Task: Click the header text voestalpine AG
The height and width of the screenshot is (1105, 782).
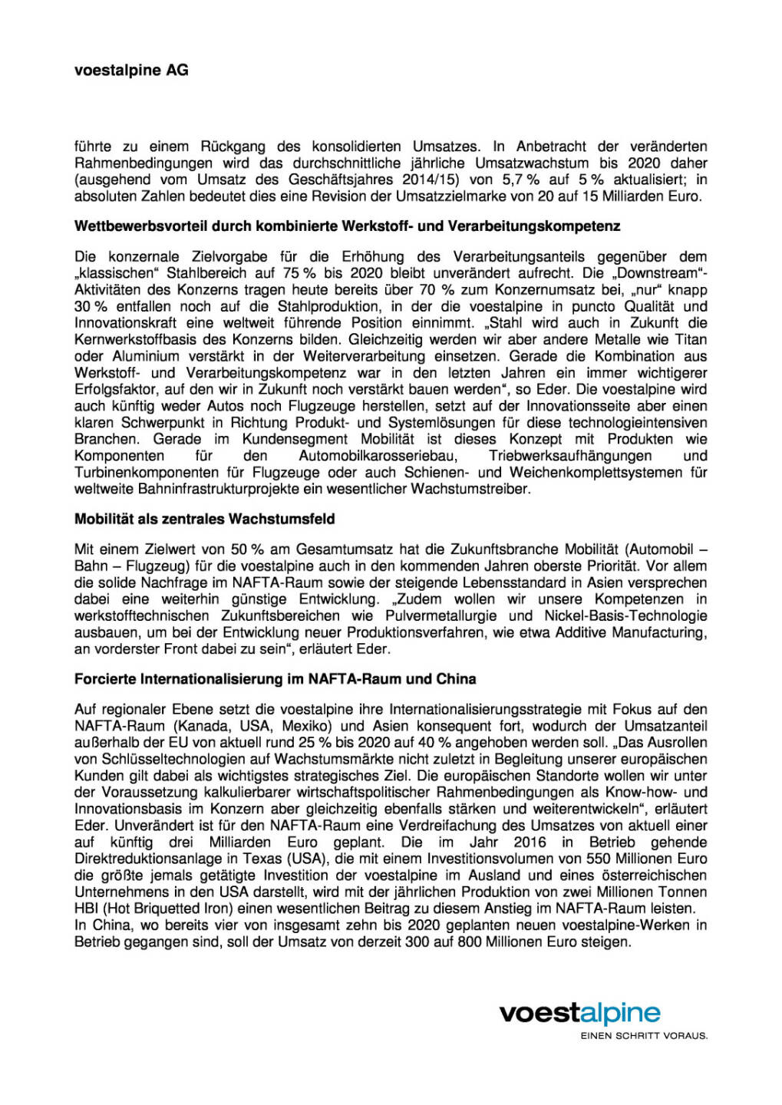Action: pyautogui.click(x=131, y=71)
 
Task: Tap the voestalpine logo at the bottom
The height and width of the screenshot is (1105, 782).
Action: pyautogui.click(x=579, y=1013)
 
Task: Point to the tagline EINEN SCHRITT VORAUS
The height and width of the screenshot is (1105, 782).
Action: pyautogui.click(x=644, y=1035)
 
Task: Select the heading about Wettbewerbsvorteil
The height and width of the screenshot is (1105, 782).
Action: pyautogui.click(x=347, y=226)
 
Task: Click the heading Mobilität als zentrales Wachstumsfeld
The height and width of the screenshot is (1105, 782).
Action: pyautogui.click(x=204, y=519)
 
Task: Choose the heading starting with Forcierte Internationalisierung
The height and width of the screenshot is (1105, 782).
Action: pyautogui.click(x=275, y=679)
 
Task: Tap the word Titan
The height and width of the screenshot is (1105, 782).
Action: pyautogui.click(x=691, y=339)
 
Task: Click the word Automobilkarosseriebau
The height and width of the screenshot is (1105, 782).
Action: pyautogui.click(x=378, y=456)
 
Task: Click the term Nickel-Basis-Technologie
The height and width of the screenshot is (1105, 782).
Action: pyautogui.click(x=625, y=615)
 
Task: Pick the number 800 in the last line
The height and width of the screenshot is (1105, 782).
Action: pyautogui.click(x=470, y=942)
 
